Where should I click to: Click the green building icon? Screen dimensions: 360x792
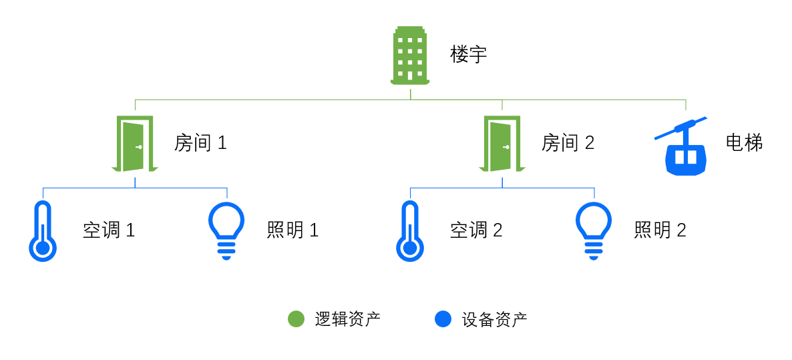410,55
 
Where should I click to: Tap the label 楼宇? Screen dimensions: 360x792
469,55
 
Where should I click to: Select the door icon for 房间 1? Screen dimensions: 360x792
135,144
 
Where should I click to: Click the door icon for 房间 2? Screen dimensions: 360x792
502,144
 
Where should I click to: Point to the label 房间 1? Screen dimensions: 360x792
200,143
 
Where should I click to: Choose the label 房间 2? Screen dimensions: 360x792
568,143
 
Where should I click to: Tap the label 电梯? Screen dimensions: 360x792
744,142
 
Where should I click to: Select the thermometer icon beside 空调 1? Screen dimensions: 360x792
43,231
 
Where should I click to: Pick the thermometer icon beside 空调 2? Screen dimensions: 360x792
410,231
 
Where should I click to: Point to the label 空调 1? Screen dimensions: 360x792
109,230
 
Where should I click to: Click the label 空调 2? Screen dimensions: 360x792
476,230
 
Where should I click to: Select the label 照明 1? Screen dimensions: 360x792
292,230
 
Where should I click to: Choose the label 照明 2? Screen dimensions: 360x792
660,230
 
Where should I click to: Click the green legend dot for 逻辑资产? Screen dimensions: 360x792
296,319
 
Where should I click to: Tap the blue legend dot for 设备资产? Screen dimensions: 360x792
443,319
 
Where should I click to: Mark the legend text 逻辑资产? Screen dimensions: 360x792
347,319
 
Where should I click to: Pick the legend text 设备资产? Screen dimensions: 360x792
494,319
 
